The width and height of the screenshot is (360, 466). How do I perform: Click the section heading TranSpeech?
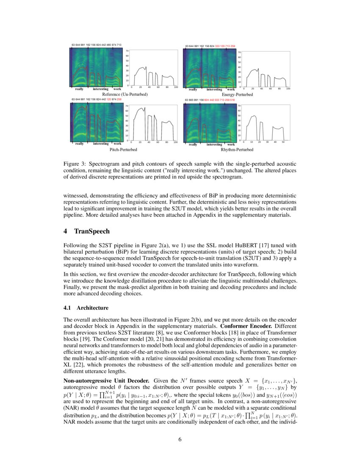[x=92, y=231]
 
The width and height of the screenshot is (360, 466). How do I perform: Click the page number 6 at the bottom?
[x=180, y=439]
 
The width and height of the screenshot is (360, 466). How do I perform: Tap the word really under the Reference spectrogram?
[x=79, y=89]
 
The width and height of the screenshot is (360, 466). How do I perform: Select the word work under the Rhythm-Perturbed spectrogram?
[x=231, y=144]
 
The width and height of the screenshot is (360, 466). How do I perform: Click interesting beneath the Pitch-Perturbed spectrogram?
[x=101, y=144]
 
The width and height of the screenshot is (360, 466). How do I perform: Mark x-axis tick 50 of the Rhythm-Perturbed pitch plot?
[x=283, y=142]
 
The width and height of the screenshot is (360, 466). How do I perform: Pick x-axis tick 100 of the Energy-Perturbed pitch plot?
[x=288, y=89]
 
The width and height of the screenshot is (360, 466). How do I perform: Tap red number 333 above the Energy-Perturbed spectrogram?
[x=218, y=46]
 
